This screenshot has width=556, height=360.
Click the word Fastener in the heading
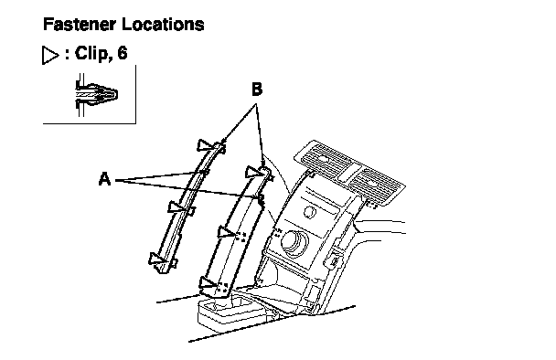pos(79,25)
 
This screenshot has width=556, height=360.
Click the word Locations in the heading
pos(163,25)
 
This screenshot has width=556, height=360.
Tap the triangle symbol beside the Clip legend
pos(50,55)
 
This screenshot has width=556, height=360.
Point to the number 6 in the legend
pos(122,53)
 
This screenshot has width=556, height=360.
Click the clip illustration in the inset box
pos(96,95)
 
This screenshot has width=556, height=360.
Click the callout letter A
pos(104,179)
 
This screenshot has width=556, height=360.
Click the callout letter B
pos(257,90)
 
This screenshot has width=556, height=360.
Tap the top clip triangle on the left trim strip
pos(205,145)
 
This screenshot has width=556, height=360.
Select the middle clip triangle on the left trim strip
pos(176,206)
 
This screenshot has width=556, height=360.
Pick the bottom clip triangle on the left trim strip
pos(156,259)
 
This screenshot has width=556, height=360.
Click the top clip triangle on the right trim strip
pos(254,173)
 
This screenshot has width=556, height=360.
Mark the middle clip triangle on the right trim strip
pos(226,232)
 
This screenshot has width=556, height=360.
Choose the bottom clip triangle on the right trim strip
pos(208,282)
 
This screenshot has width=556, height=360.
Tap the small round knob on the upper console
pos(310,212)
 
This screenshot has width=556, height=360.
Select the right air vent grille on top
pos(375,184)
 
